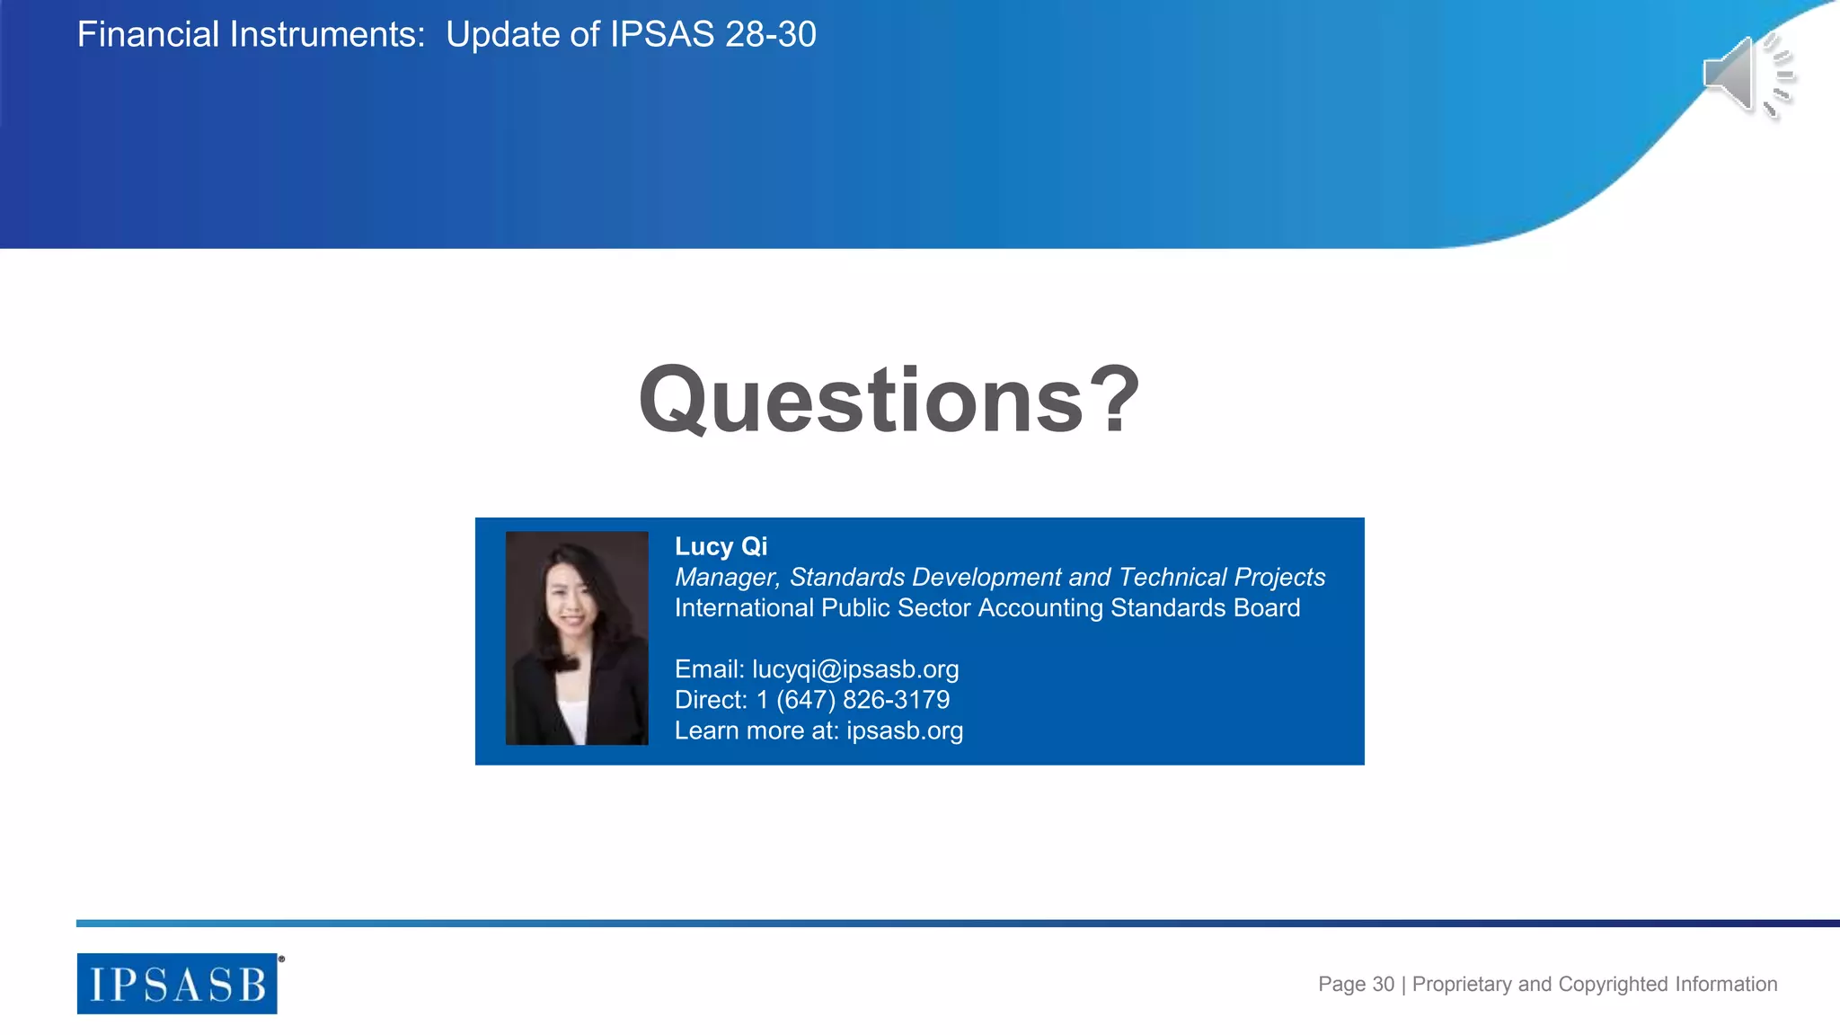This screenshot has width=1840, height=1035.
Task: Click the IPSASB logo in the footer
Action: (x=177, y=984)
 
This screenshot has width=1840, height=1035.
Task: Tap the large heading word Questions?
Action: (x=889, y=400)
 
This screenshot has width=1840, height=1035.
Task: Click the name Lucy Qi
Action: (x=721, y=546)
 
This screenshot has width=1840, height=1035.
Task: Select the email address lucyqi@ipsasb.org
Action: (x=855, y=669)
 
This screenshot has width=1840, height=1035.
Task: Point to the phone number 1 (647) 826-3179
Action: (x=853, y=700)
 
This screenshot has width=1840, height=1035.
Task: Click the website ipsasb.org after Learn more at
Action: (x=904, y=730)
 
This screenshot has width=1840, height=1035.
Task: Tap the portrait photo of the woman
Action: (x=577, y=638)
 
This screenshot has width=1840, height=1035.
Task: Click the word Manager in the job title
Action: (x=727, y=577)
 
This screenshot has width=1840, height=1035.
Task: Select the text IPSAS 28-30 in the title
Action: (x=713, y=35)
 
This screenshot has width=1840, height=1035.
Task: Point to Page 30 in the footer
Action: (x=1356, y=984)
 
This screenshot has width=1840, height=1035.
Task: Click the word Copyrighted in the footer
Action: (x=1614, y=984)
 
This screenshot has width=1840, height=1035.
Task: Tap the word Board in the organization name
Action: (x=1267, y=608)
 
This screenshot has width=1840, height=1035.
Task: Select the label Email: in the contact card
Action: (x=710, y=669)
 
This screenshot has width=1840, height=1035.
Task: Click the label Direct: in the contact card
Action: (x=711, y=700)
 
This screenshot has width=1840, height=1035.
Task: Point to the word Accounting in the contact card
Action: (x=1039, y=608)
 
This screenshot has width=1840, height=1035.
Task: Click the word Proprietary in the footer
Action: (x=1462, y=984)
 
